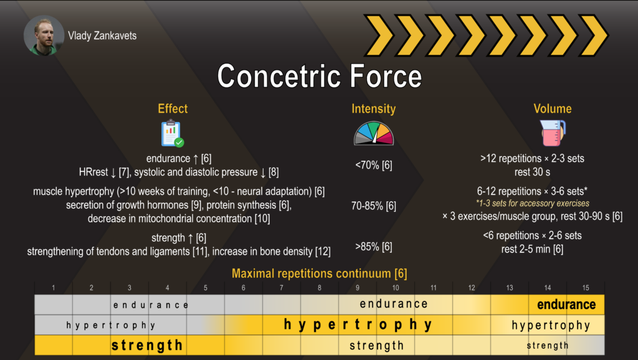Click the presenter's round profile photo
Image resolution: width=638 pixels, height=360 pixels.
(x=44, y=36)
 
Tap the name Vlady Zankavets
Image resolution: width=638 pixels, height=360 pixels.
(x=102, y=36)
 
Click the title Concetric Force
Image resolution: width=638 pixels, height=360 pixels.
(x=320, y=76)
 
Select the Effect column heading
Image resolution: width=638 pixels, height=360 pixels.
(x=173, y=108)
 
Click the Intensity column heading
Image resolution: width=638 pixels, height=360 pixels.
(x=374, y=108)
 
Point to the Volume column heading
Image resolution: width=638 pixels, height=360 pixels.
(x=553, y=108)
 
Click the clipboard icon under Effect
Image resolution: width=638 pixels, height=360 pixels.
(x=173, y=133)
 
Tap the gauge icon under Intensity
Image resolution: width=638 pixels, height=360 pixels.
(x=374, y=133)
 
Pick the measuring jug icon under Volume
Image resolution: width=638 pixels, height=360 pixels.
(x=553, y=133)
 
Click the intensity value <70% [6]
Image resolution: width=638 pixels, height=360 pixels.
(x=374, y=165)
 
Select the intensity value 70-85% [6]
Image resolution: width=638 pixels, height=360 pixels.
(x=374, y=206)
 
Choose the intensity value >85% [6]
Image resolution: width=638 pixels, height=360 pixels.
(x=374, y=247)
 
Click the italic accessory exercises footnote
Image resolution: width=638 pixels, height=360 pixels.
(x=532, y=204)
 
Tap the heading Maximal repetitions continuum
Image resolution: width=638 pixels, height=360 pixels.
(x=320, y=273)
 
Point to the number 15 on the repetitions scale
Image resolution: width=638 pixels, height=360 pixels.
(x=586, y=288)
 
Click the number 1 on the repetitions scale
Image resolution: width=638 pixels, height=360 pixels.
(x=54, y=288)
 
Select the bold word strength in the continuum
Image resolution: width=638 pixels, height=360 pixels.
(x=147, y=345)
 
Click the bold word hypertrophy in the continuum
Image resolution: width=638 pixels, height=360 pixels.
(x=358, y=324)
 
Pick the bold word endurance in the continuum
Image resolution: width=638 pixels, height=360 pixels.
(x=566, y=305)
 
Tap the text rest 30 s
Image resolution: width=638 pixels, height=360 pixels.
(x=532, y=172)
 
